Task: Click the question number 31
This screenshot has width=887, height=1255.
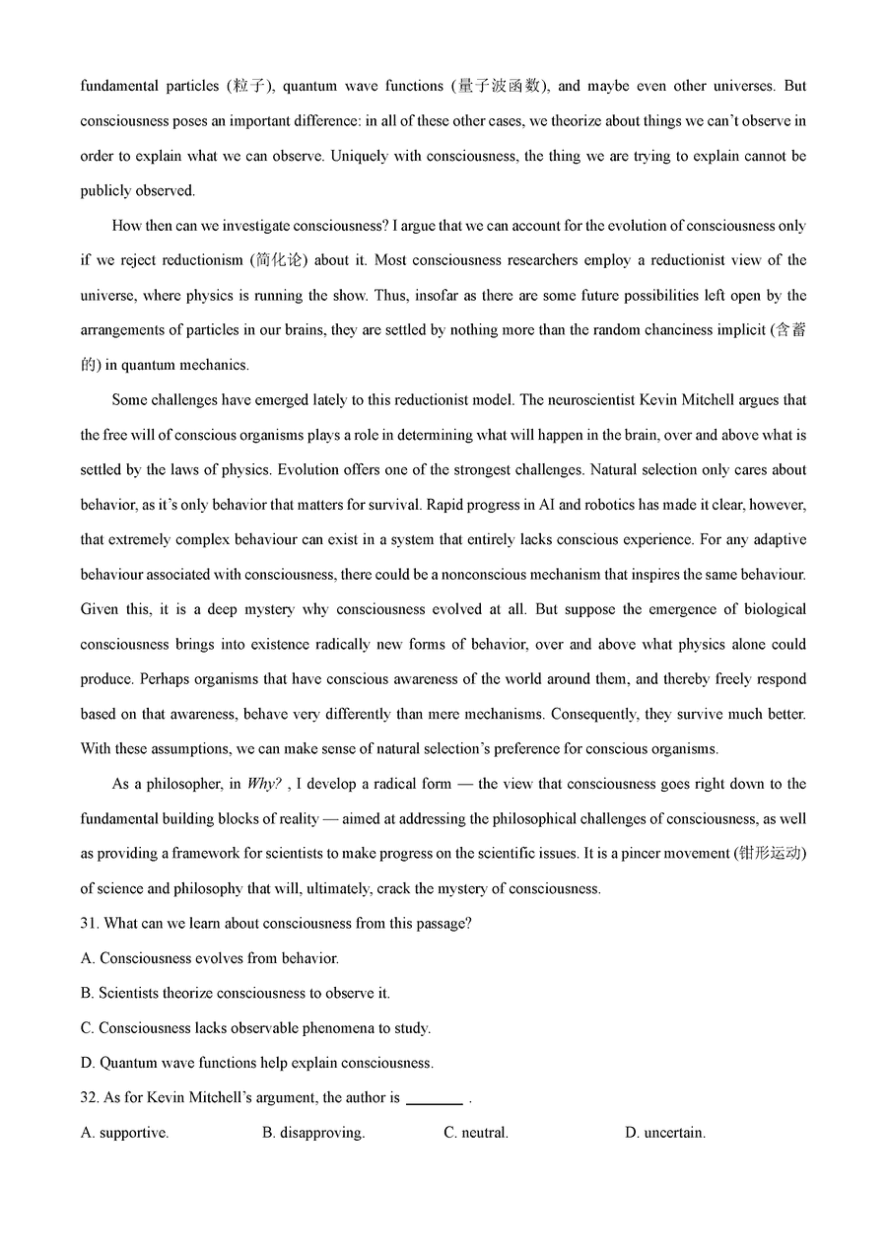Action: pyautogui.click(x=90, y=924)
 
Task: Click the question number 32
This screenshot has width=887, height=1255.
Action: pyautogui.click(x=90, y=1098)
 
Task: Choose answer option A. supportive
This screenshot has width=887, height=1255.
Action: pyautogui.click(x=124, y=1133)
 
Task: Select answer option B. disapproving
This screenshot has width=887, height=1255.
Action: pyautogui.click(x=313, y=1133)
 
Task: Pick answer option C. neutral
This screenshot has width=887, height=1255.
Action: pyautogui.click(x=476, y=1133)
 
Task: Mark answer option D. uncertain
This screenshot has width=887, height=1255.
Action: pyautogui.click(x=665, y=1133)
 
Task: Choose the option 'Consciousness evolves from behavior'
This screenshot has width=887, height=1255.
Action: pyautogui.click(x=209, y=958)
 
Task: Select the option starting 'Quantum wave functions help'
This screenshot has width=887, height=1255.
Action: pyautogui.click(x=256, y=1063)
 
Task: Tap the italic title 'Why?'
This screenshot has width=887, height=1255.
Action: pyautogui.click(x=265, y=785)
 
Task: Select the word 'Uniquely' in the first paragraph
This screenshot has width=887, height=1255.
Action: pyautogui.click(x=361, y=156)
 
